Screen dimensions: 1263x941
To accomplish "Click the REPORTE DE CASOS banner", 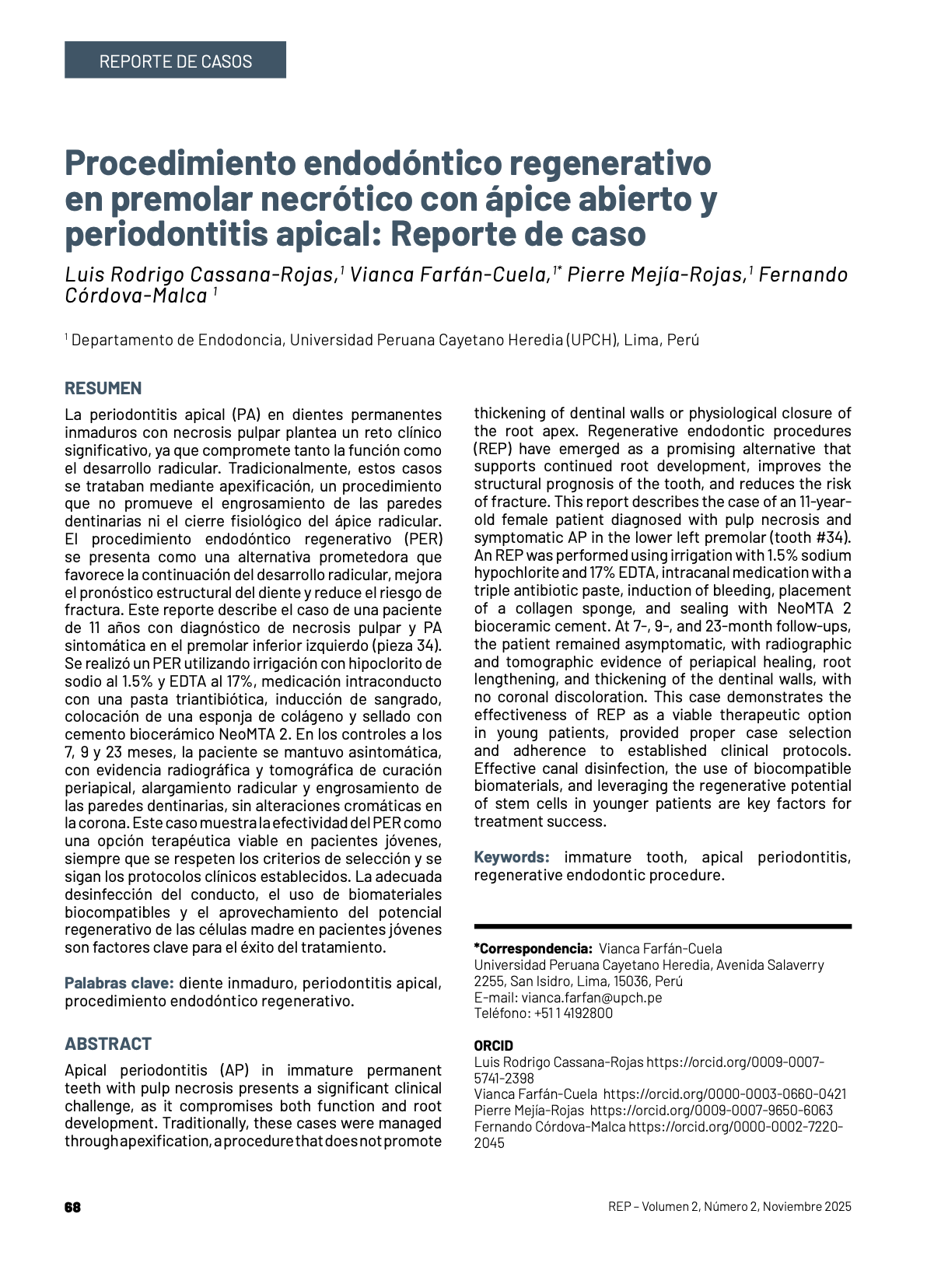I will point(175,61).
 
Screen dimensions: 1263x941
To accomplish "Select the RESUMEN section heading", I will point(103,388).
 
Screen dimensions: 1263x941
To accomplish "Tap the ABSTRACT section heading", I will point(108,1044).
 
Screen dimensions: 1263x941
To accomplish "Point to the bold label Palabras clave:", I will point(119,983).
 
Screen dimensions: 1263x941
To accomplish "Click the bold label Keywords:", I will point(512,857).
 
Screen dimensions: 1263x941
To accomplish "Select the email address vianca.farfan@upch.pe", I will point(592,997).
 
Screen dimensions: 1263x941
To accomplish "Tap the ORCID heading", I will point(493,1046).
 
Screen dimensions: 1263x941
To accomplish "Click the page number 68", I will point(72,1207).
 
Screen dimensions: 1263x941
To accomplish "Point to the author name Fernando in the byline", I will point(803,275).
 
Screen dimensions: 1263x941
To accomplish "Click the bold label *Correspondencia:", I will point(533,949).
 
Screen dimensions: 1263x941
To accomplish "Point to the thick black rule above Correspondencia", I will point(663,926).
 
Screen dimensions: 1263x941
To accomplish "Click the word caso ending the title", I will point(608,234).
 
